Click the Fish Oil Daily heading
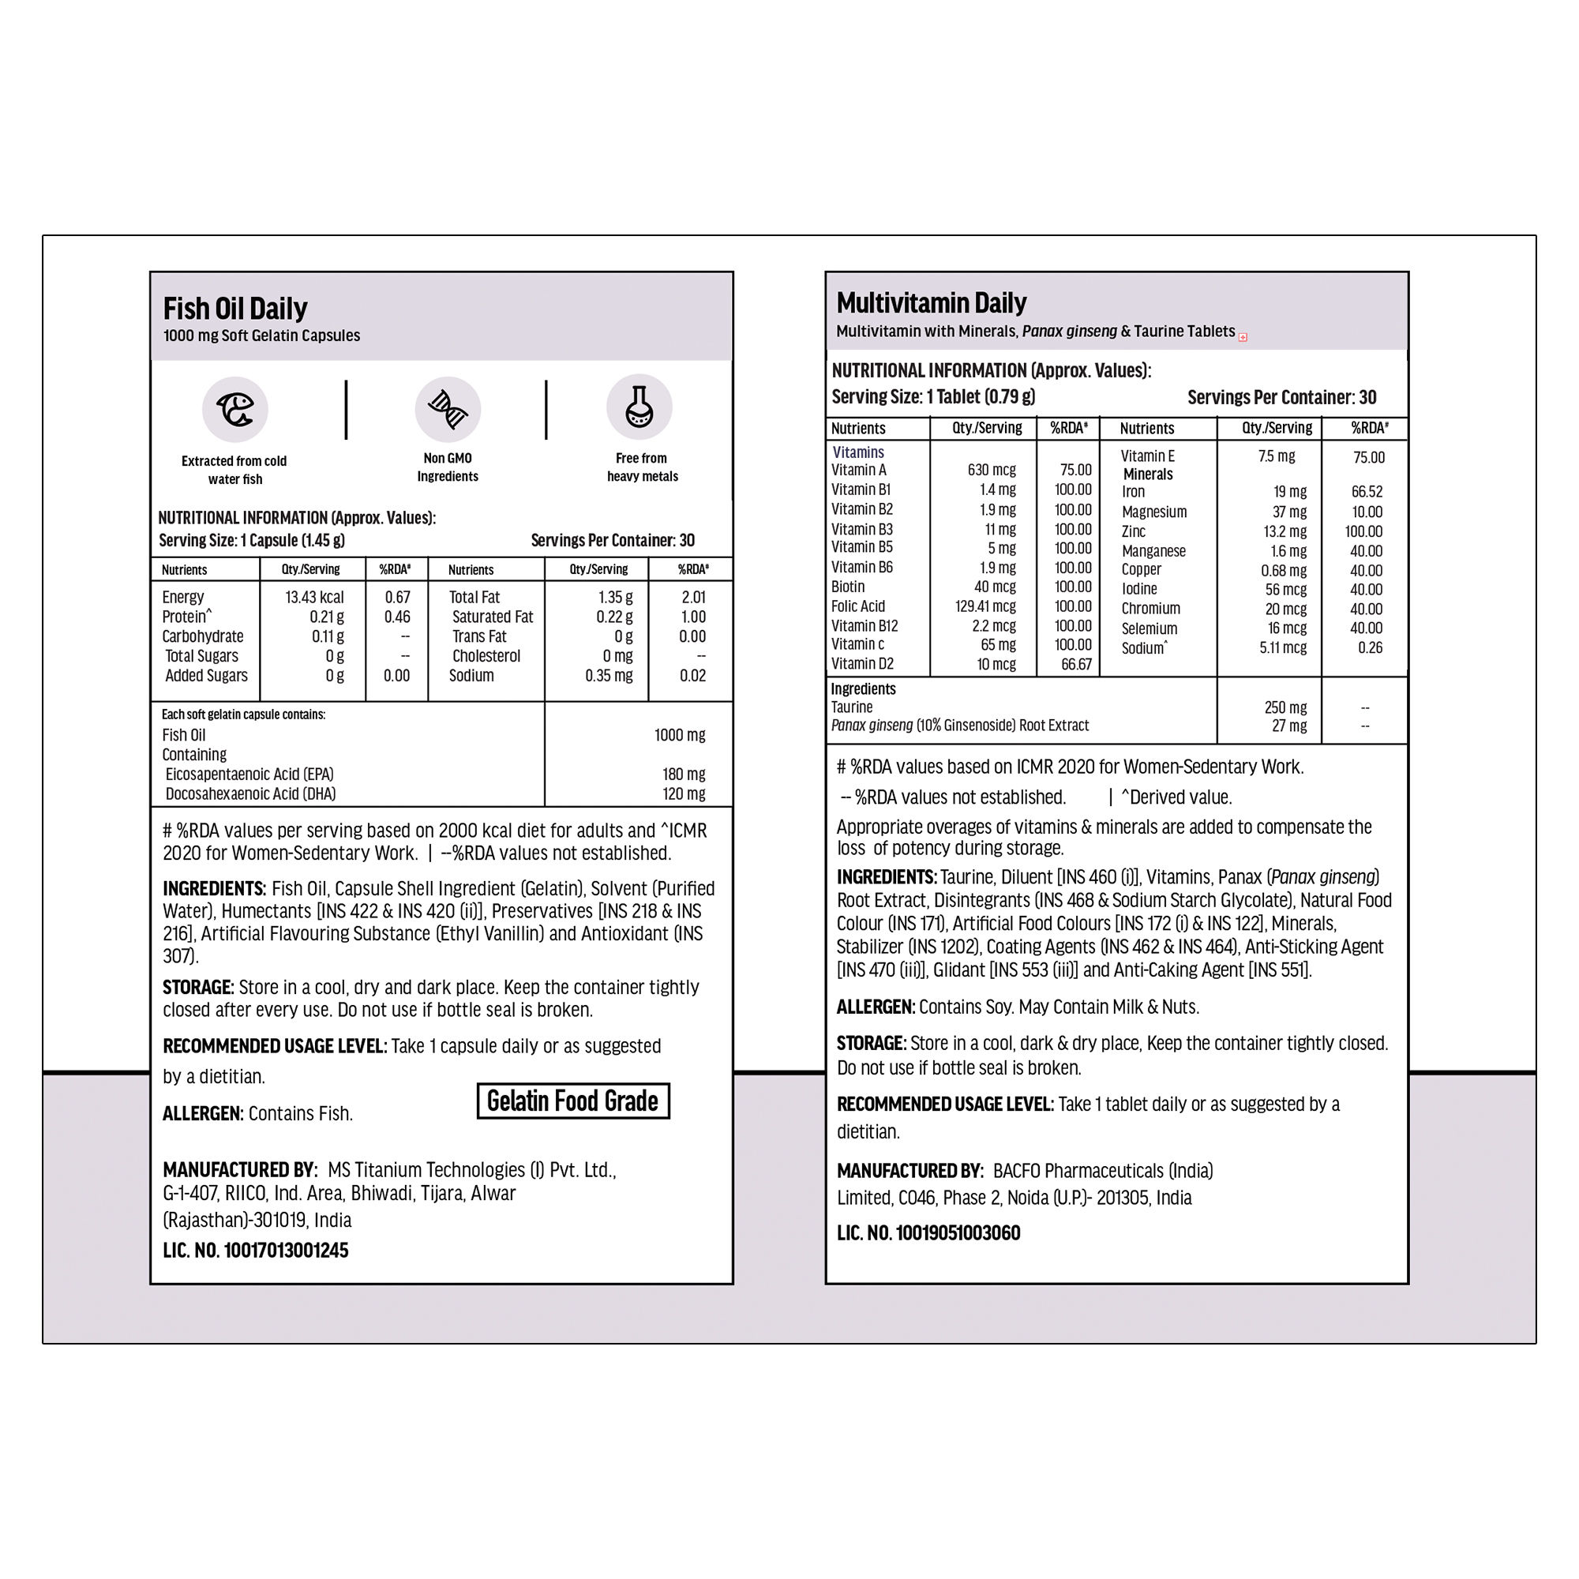[x=235, y=309]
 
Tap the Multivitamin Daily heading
[x=931, y=303]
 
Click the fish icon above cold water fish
[x=235, y=410]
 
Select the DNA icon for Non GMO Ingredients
[x=447, y=410]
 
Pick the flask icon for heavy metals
[x=639, y=407]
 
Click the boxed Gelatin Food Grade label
[x=573, y=1101]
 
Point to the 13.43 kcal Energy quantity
[x=315, y=598]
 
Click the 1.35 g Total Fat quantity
[x=614, y=598]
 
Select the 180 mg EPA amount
[x=683, y=774]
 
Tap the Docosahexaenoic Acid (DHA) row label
[x=250, y=793]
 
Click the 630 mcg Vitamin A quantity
[x=992, y=470]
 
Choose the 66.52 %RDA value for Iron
[x=1367, y=492]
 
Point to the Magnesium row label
[x=1154, y=512]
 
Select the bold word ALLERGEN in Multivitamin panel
[x=875, y=1007]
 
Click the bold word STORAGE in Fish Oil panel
[x=198, y=988]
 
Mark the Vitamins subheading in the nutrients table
[x=858, y=452]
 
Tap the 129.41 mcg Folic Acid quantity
[x=985, y=606]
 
